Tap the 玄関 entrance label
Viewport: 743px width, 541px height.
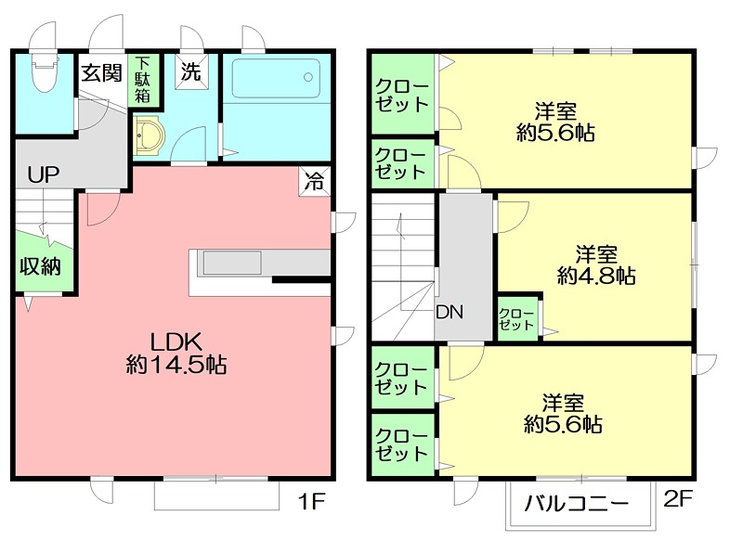coord(101,73)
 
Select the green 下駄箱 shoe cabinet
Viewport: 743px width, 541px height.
coord(143,81)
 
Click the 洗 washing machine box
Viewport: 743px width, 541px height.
coord(191,71)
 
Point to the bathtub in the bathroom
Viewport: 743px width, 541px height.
coord(276,78)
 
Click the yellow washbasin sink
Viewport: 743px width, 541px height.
coord(149,135)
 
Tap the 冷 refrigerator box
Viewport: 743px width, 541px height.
coord(314,181)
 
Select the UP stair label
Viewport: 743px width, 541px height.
coord(44,175)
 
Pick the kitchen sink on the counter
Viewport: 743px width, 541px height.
coord(232,263)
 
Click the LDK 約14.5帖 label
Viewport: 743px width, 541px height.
coord(176,354)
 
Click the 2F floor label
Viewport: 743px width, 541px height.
coord(678,499)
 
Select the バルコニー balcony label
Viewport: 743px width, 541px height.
coord(577,504)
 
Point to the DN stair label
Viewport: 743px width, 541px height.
coord(450,312)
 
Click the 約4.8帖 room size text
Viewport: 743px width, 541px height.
coord(596,276)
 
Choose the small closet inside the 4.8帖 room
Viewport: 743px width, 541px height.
coord(518,319)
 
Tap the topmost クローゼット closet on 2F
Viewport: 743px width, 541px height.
coord(403,95)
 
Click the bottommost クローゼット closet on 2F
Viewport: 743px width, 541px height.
coord(403,444)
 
